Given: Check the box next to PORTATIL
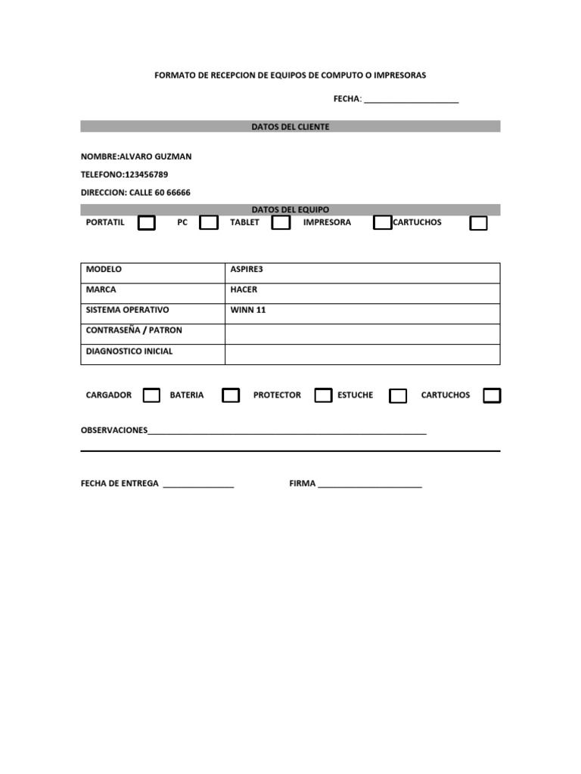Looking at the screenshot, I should [147, 223].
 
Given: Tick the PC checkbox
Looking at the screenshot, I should [209, 223].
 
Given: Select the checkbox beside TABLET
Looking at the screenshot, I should [281, 223].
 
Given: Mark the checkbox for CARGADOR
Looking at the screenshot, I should [151, 395].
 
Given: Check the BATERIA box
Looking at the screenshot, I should [231, 395].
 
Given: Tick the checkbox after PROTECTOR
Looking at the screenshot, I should [323, 395].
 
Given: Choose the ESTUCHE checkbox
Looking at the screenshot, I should [398, 395].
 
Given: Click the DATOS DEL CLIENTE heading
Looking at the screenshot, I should [290, 127].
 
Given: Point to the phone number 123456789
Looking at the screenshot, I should [147, 175].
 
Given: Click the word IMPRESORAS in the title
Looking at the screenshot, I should [399, 76].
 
